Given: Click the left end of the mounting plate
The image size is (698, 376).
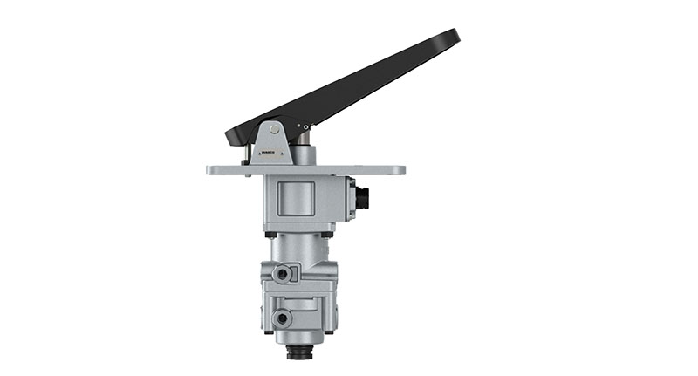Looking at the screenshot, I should pos(211,170).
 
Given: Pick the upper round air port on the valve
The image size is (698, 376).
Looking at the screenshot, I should pos(282,275).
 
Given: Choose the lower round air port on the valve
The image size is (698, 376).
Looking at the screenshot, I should pos(282,318).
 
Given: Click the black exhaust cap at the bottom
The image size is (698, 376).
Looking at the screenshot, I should pos(300,352).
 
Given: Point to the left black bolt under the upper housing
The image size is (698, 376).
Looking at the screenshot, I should pos(272,234).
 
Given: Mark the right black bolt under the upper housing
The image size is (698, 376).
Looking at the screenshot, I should pos(327,234).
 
